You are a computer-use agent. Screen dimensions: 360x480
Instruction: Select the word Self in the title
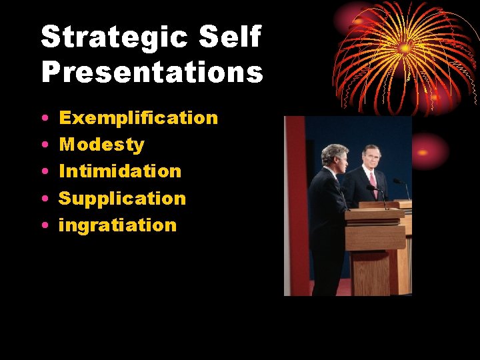(x=231, y=37)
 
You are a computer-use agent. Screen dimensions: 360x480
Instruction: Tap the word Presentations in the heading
(x=152, y=73)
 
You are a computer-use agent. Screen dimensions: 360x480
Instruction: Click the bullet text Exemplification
(x=138, y=118)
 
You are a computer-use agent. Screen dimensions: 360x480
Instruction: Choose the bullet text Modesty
(x=101, y=145)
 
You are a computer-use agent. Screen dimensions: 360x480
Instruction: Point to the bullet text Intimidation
(x=120, y=171)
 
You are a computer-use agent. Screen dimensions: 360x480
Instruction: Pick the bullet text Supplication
(x=122, y=199)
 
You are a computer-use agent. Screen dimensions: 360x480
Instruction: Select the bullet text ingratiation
(x=117, y=225)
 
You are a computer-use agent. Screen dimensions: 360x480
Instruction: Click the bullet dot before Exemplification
(x=43, y=119)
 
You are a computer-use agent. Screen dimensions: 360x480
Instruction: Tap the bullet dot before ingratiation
(x=43, y=226)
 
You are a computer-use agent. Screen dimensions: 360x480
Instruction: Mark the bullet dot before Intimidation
(x=43, y=172)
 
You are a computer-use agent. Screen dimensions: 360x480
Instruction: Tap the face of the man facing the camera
(x=372, y=159)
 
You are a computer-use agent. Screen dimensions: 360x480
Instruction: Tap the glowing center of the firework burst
(x=405, y=48)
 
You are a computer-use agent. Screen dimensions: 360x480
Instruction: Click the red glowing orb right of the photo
(x=427, y=151)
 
